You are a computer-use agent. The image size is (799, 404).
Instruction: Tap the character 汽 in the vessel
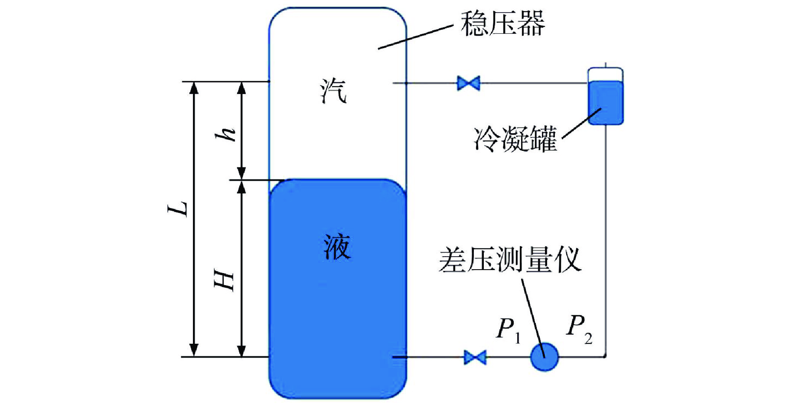[x=333, y=91]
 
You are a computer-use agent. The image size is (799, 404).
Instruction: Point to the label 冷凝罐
[x=515, y=140]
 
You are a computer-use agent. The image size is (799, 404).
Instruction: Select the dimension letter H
[x=225, y=280]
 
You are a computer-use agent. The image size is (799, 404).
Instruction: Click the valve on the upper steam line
[x=469, y=83]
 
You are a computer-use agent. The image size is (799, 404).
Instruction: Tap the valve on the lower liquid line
[x=475, y=357]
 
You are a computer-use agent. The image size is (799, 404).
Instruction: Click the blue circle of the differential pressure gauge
[x=545, y=357]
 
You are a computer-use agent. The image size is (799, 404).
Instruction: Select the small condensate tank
[x=605, y=98]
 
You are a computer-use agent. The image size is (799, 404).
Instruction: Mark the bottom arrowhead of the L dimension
[x=194, y=350]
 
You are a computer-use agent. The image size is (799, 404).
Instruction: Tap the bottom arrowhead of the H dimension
[x=242, y=350]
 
